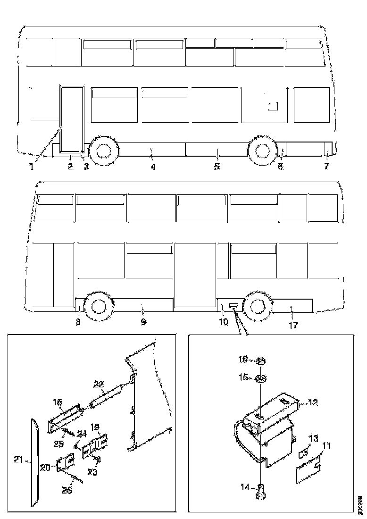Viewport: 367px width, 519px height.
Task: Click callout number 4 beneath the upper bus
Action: point(153,167)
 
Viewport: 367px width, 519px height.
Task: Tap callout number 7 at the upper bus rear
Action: point(326,167)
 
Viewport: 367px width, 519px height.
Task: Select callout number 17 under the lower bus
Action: point(293,325)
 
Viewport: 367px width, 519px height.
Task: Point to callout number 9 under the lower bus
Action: point(143,322)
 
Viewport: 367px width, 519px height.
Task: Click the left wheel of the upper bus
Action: point(102,151)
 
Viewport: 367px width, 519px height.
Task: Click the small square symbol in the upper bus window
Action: point(272,106)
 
